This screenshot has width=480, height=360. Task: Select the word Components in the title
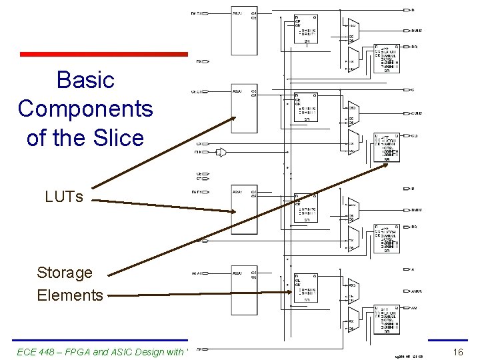85,109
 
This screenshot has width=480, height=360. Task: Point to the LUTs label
64,197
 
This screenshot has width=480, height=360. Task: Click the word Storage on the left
65,273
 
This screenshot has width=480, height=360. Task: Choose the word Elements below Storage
70,295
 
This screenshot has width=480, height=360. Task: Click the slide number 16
457,351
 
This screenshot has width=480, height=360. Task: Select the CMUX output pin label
417,113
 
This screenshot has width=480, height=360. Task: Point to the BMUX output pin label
417,210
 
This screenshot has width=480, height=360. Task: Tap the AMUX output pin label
417,291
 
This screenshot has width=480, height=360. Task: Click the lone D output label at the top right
413,10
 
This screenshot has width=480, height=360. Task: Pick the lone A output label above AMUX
413,269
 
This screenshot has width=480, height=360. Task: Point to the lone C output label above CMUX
413,89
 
